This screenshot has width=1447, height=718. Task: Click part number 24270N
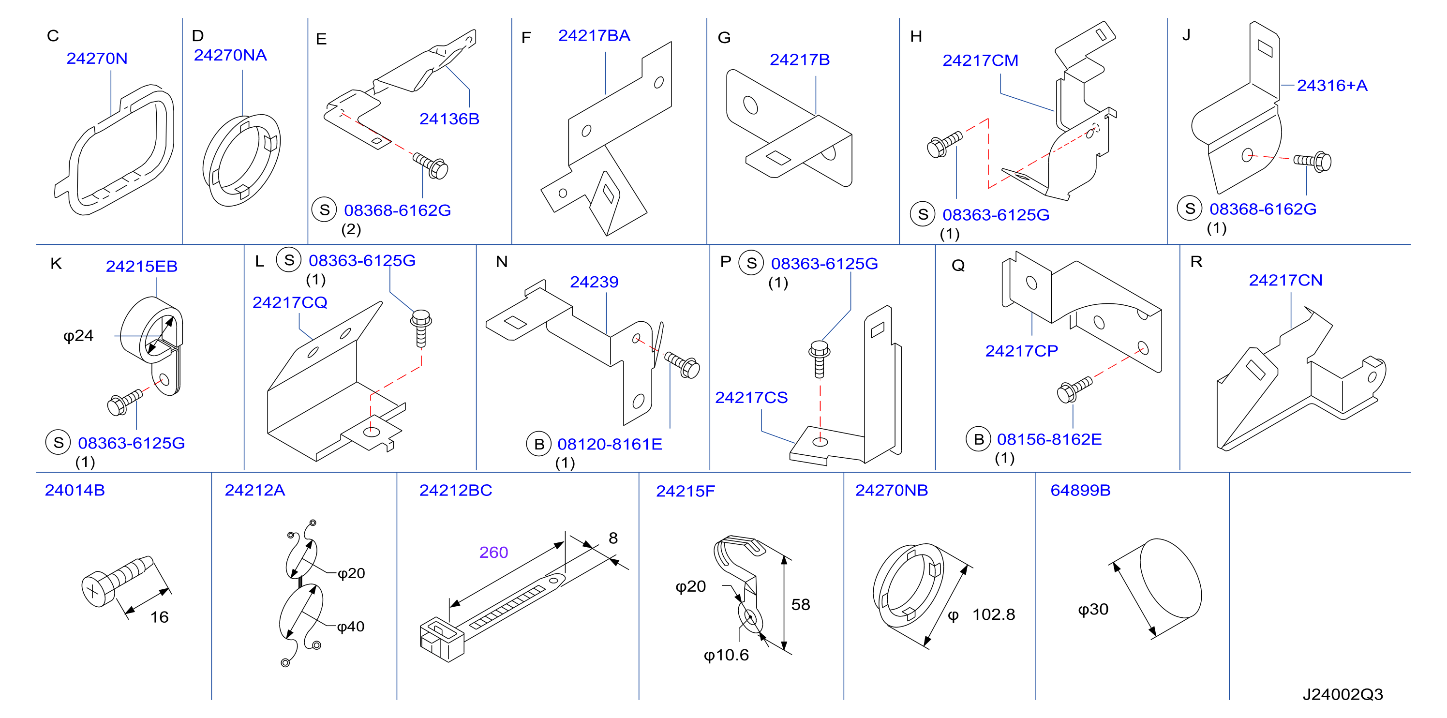(x=97, y=59)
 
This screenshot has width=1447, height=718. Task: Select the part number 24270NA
(x=230, y=55)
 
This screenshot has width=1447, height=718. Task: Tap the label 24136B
(x=449, y=119)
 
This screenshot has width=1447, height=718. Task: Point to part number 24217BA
(x=594, y=35)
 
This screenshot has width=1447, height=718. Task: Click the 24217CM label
(x=980, y=60)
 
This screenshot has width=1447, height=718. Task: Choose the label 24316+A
(x=1332, y=86)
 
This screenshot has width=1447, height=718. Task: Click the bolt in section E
(x=431, y=165)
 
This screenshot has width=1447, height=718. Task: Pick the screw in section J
(x=1313, y=161)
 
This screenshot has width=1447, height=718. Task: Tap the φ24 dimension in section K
(x=78, y=336)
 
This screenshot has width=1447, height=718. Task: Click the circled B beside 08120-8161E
(x=539, y=445)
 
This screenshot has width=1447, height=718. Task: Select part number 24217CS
(x=751, y=398)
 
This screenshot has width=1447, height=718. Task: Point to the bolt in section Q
(x=1074, y=389)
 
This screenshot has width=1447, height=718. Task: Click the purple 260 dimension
(x=494, y=552)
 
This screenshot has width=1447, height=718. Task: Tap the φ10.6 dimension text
(x=726, y=655)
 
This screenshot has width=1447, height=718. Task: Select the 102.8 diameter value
(x=994, y=614)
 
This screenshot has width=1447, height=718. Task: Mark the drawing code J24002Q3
(x=1343, y=694)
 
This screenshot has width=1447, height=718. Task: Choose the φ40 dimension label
(x=351, y=627)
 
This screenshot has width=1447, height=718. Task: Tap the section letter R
(x=1196, y=262)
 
